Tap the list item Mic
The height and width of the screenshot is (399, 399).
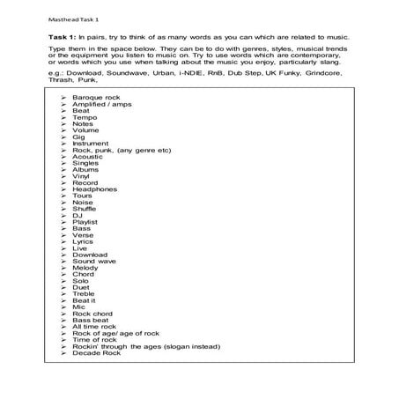click(x=79, y=307)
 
